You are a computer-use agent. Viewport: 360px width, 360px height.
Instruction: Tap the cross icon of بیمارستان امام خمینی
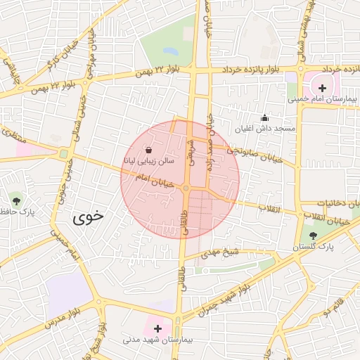pos(323,88)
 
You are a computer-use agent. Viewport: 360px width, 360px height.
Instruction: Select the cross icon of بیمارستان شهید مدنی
pos(157,328)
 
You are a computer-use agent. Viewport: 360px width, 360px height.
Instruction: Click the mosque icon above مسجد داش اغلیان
pos(264,118)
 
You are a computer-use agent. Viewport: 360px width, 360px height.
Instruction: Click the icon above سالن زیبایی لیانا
pos(148,150)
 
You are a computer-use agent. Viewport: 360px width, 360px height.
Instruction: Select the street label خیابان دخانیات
pos(336,203)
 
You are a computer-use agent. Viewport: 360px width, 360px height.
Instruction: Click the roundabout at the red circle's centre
pos(186,188)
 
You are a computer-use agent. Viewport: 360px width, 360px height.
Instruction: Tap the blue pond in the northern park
pos(169,52)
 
